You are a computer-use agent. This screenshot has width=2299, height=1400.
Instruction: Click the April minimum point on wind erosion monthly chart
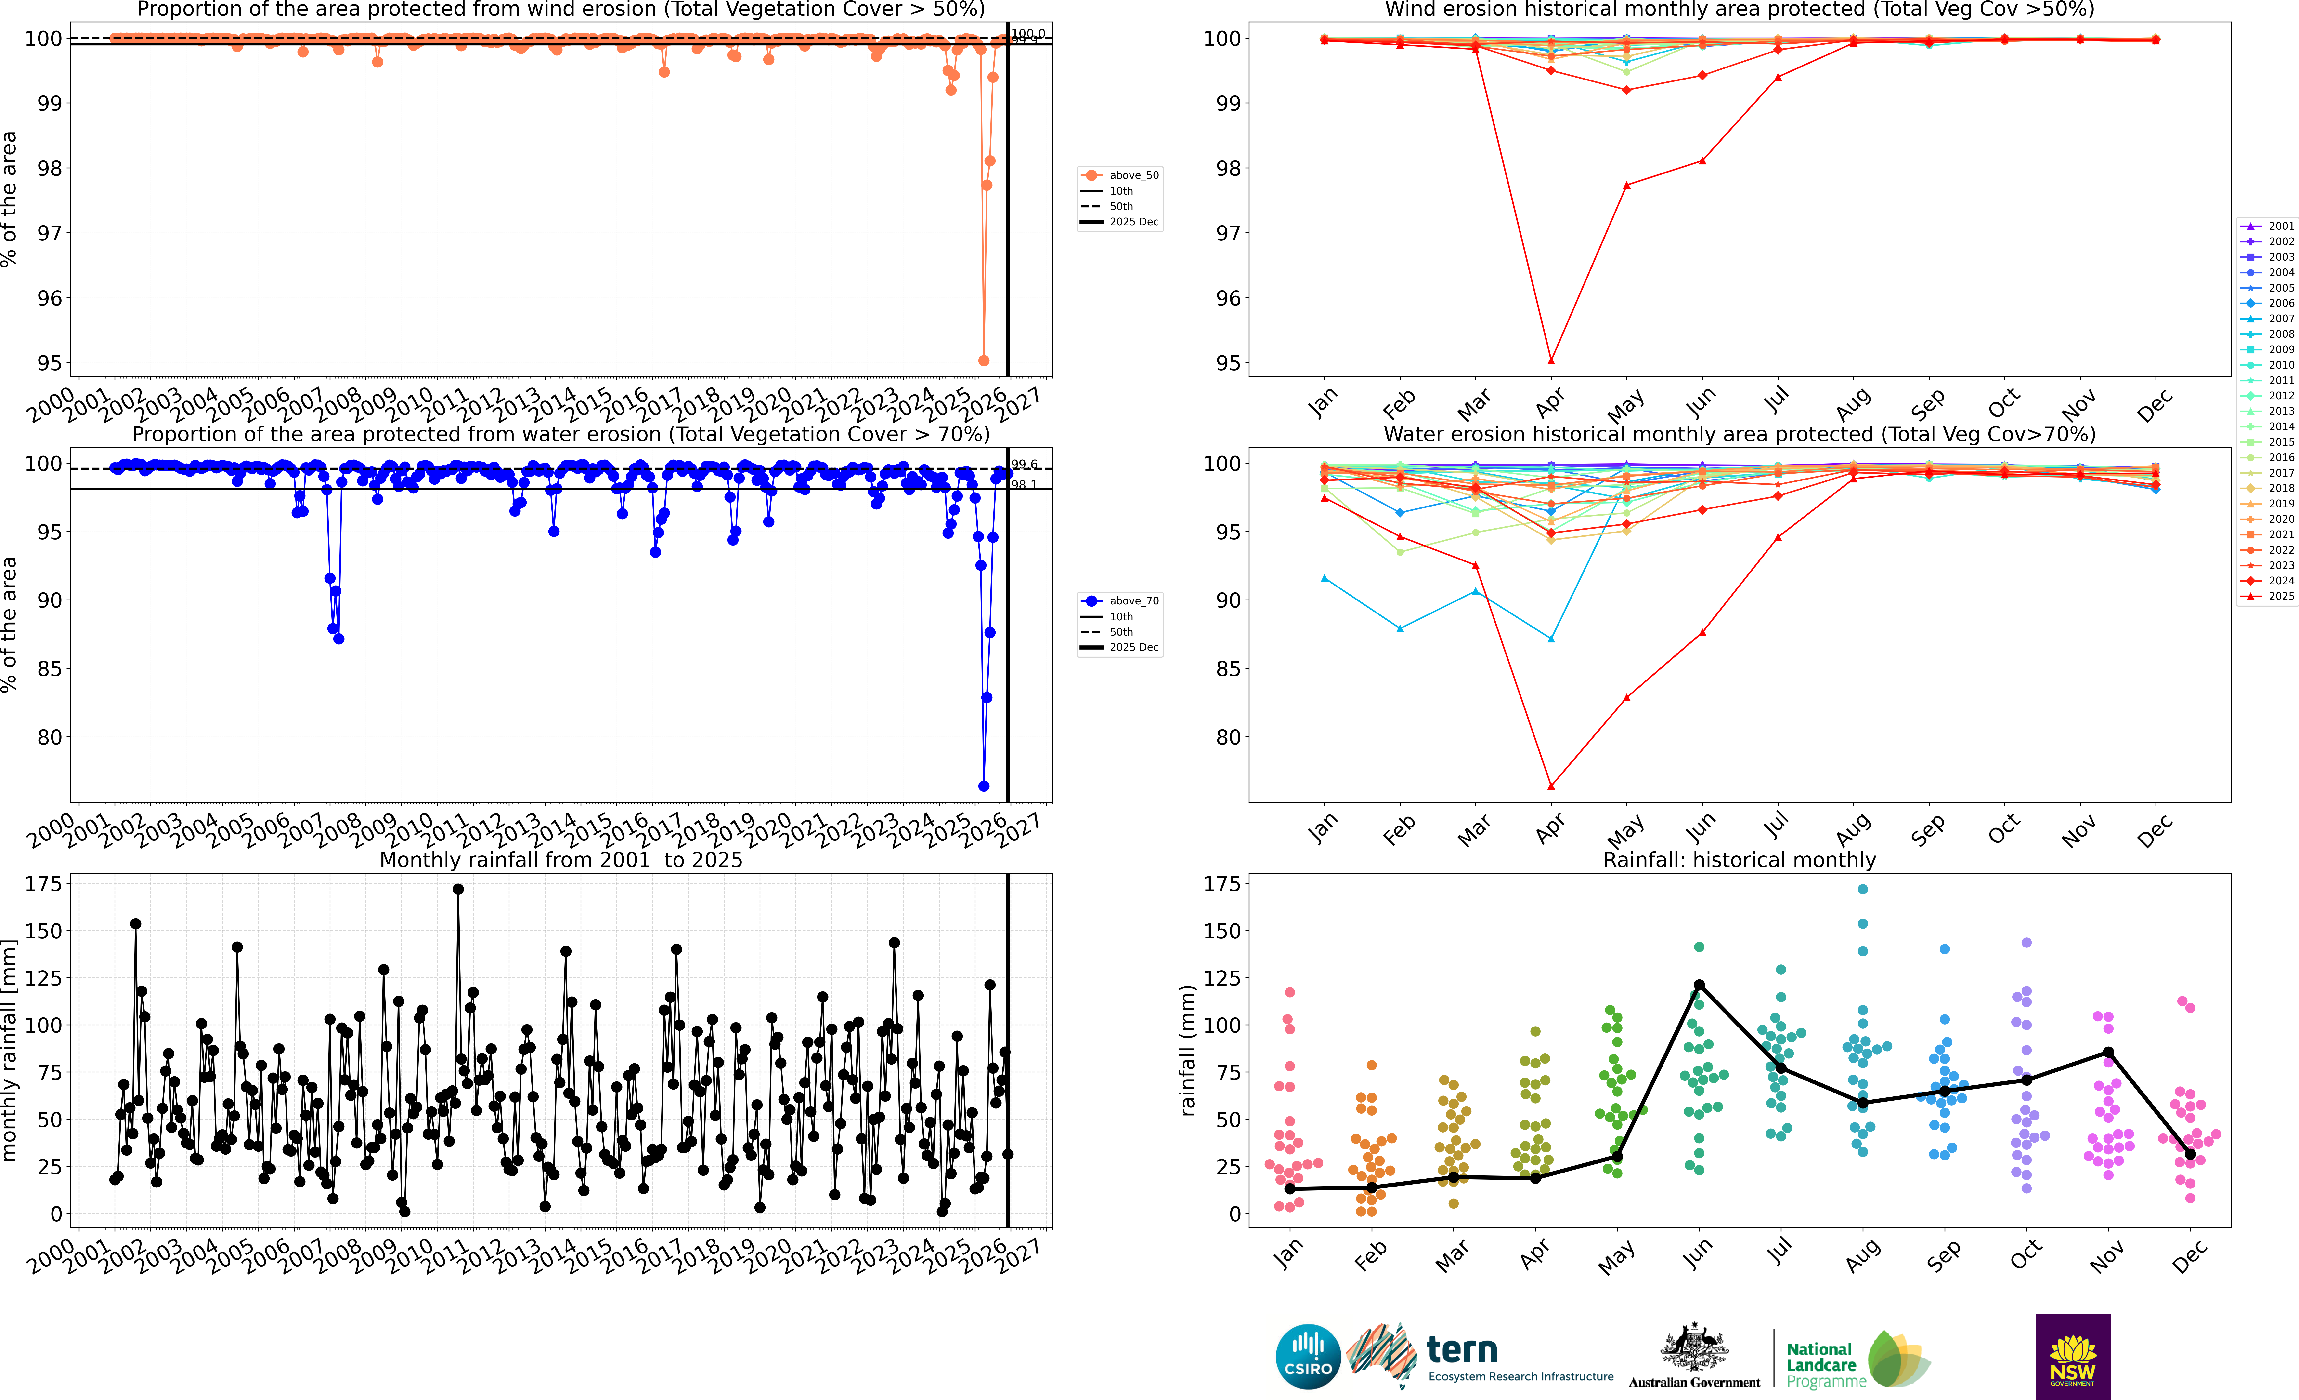[1551, 360]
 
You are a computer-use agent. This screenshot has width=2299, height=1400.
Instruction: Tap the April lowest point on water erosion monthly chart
[1551, 786]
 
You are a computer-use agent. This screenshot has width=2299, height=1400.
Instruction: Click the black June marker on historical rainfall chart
[1699, 985]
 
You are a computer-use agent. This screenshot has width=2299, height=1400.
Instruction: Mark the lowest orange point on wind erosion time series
[983, 360]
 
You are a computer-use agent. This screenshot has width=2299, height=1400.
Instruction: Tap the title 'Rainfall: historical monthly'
[1739, 860]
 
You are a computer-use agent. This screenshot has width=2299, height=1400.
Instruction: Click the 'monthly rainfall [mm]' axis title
[10, 1050]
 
